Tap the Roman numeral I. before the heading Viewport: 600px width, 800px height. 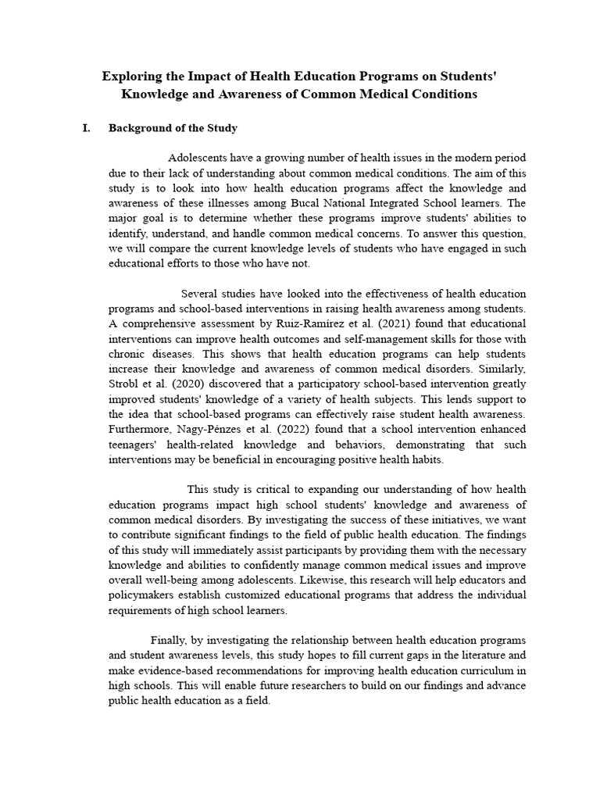click(87, 127)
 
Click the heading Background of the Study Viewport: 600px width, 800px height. click(173, 127)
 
